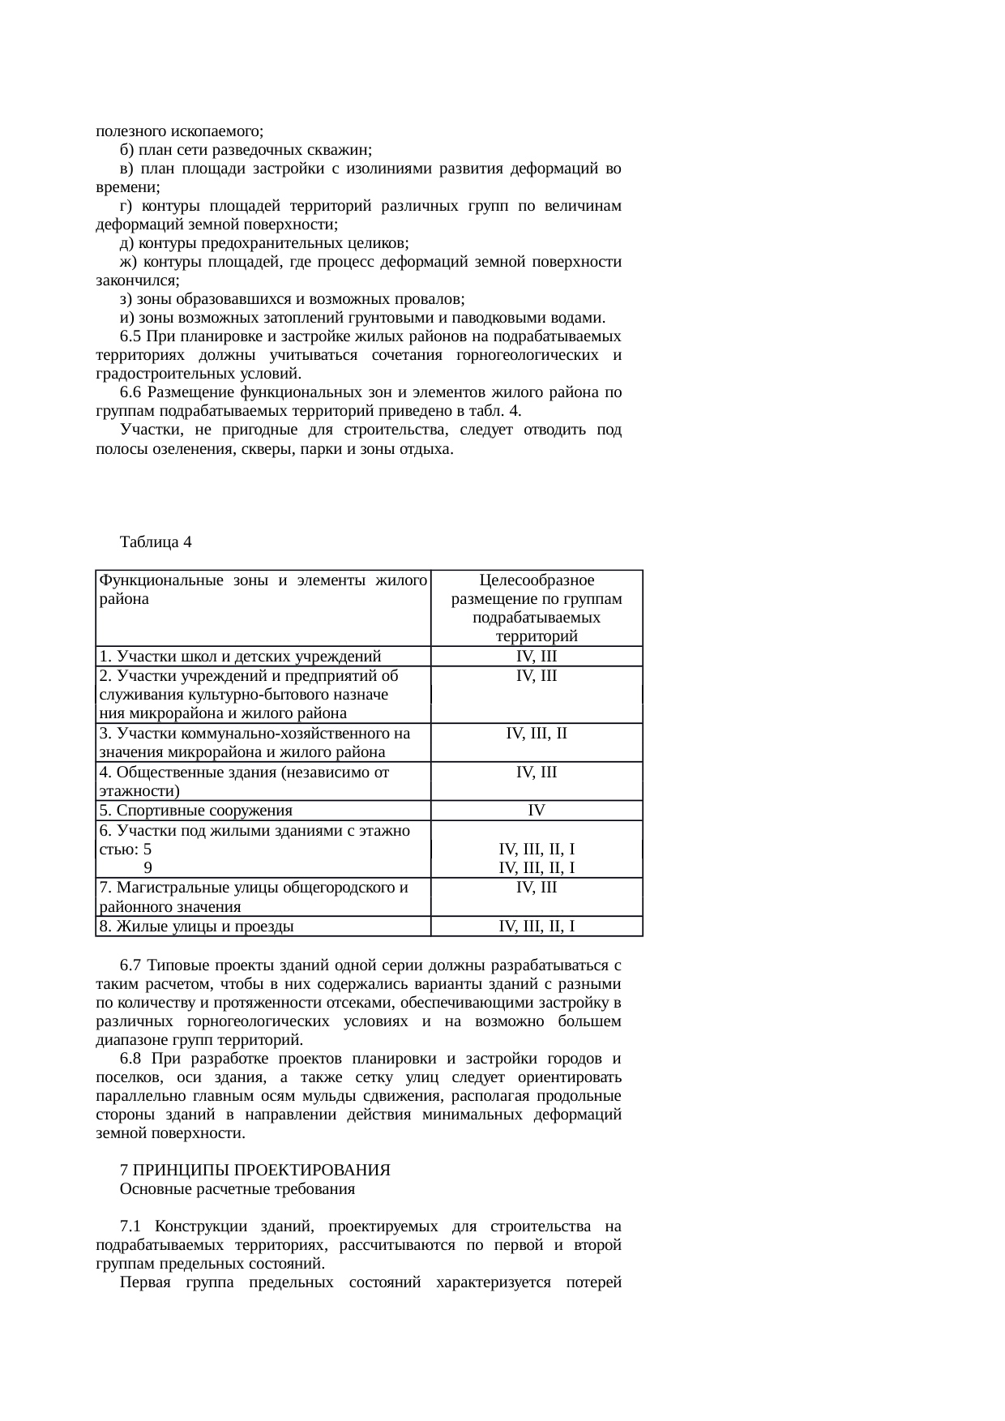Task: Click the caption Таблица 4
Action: (156, 541)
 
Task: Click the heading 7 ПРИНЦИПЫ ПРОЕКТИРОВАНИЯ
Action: (254, 1171)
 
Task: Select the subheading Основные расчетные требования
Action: (237, 1189)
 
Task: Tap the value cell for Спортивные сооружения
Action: (537, 811)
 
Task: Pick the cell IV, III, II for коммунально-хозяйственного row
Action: (537, 734)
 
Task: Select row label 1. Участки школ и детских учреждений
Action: (240, 657)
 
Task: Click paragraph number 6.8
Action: (131, 1059)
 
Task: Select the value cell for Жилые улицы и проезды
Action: (537, 927)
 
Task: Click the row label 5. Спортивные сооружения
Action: (195, 811)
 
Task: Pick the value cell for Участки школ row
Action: (537, 657)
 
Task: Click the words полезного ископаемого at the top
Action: (179, 131)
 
